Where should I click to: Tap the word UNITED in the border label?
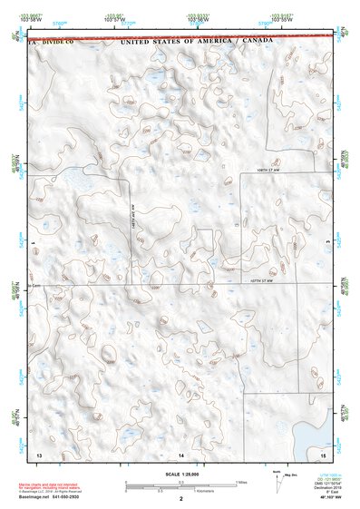click(140, 42)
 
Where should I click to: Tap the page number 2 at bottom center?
click(181, 498)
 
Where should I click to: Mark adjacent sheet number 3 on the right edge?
click(326, 243)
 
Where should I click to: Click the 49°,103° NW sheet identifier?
click(319, 499)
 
